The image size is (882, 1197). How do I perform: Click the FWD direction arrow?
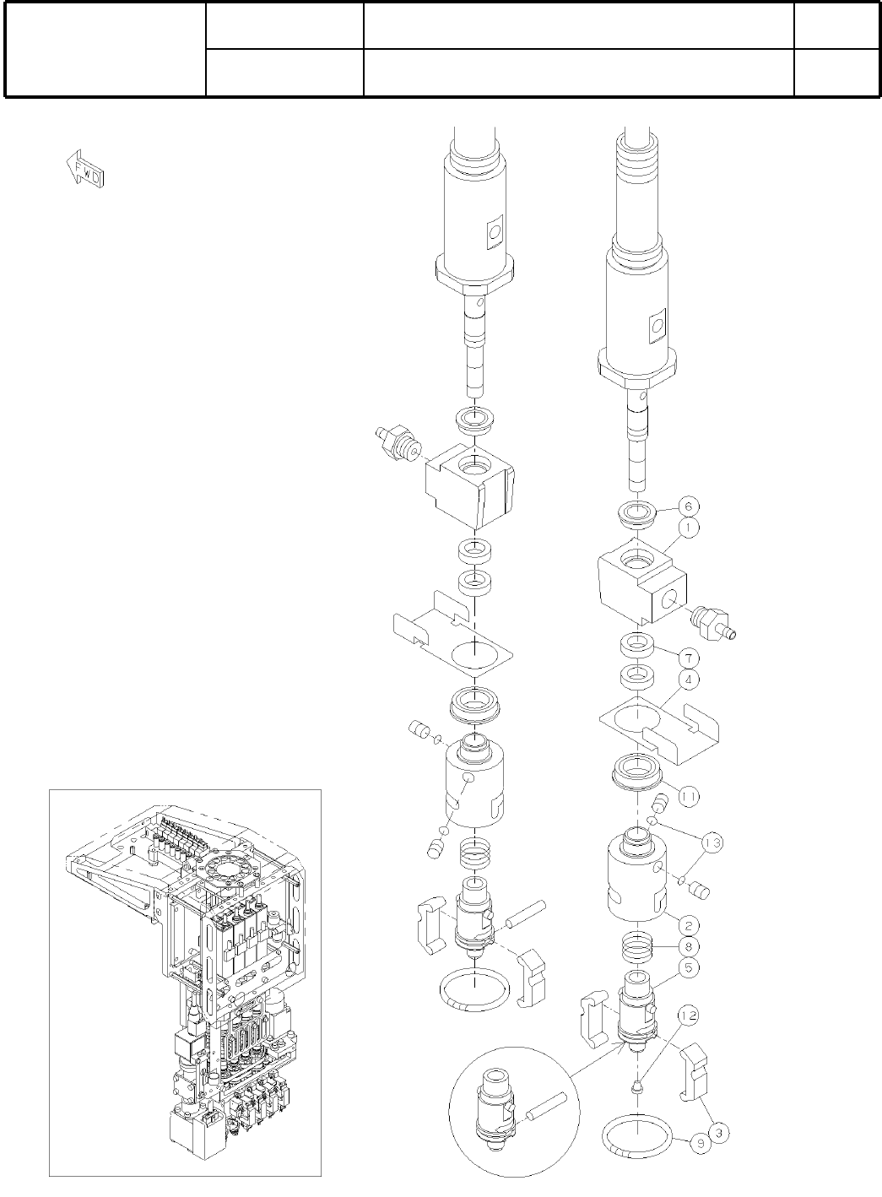(84, 168)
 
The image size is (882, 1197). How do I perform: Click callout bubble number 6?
(688, 506)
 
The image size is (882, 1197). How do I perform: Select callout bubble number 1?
(689, 528)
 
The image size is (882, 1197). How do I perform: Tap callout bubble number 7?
(688, 658)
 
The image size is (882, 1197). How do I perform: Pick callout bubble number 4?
(688, 680)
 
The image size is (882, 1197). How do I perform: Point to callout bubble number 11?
(688, 796)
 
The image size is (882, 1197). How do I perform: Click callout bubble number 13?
(712, 842)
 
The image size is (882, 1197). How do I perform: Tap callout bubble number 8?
(688, 946)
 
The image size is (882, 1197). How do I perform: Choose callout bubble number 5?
(688, 967)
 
